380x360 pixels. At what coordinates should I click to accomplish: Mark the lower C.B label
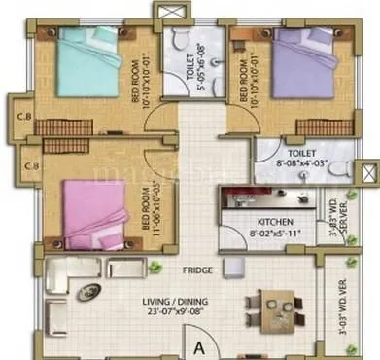31,166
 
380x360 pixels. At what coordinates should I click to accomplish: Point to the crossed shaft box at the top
174,13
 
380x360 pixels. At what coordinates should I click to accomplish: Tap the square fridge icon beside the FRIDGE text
230,266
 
